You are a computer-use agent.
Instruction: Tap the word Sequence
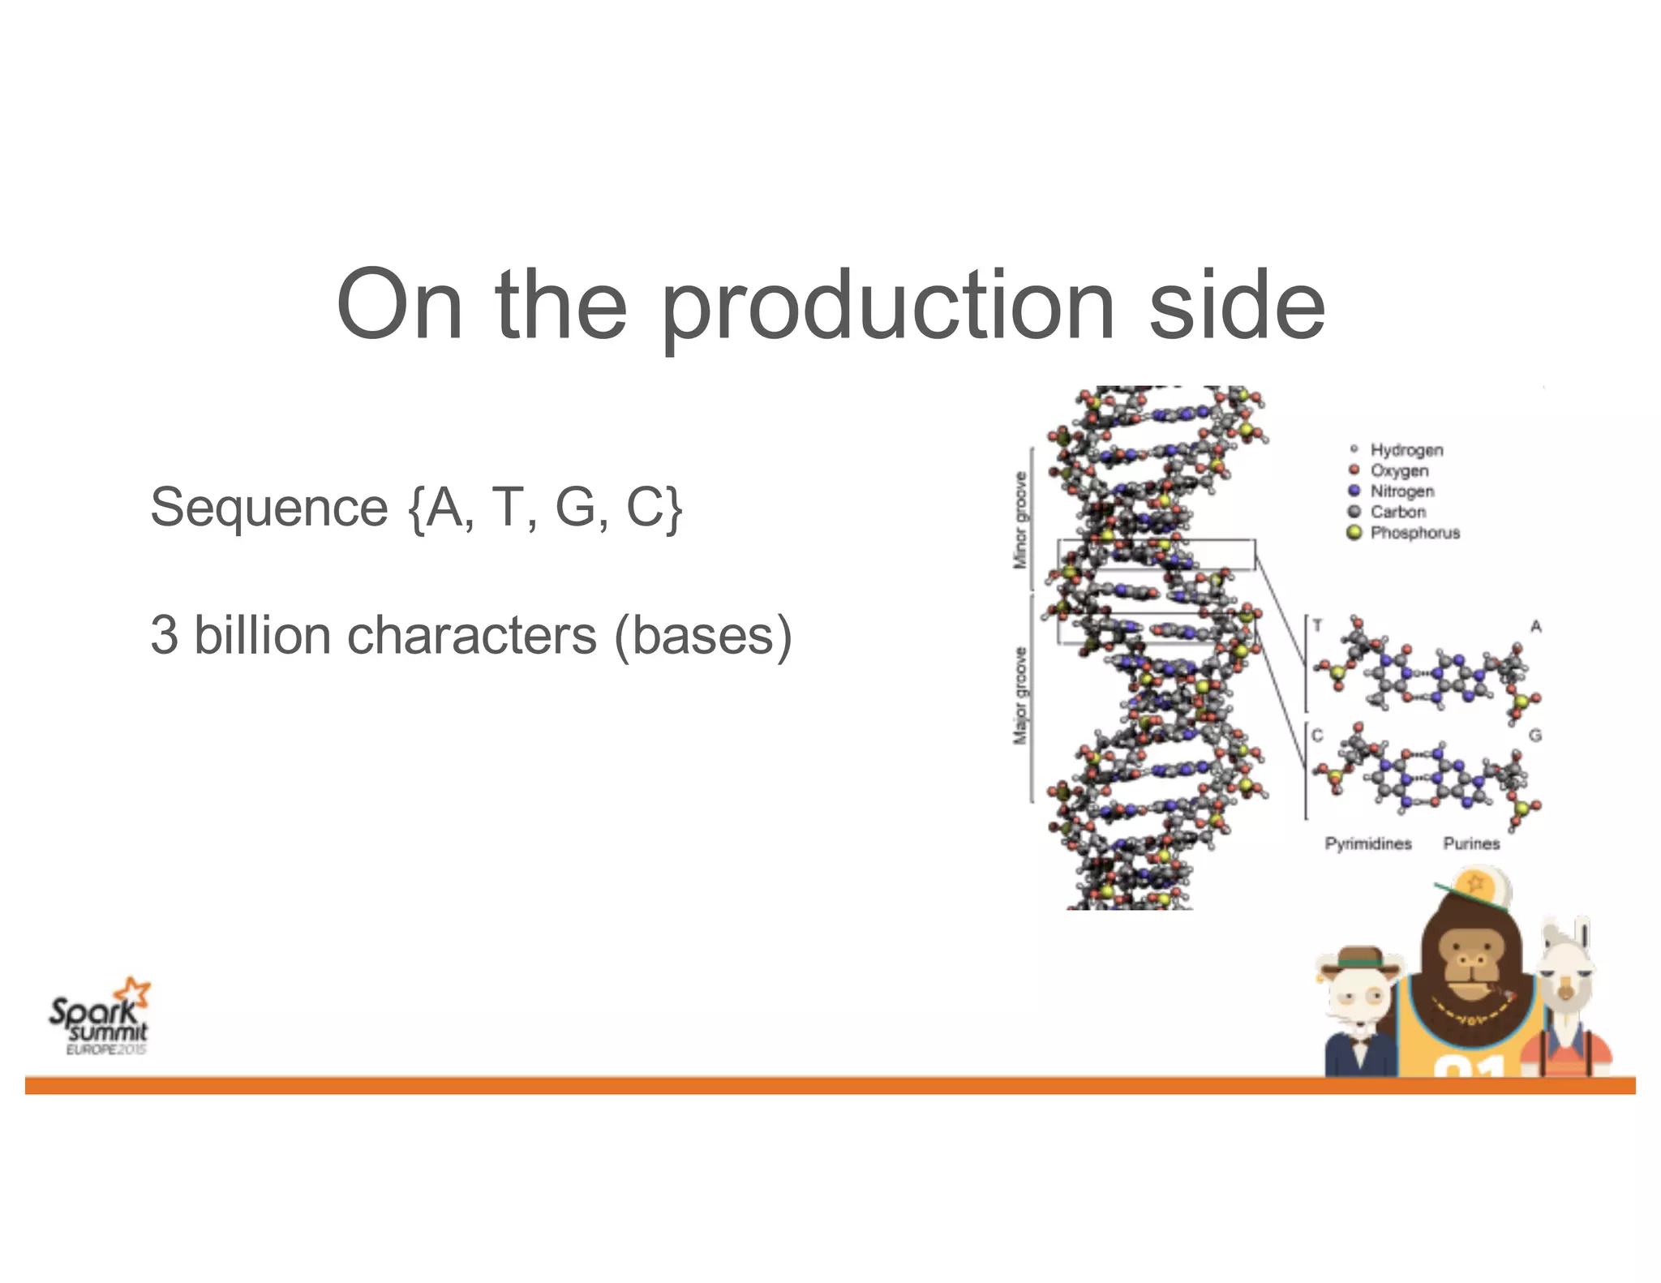[269, 508]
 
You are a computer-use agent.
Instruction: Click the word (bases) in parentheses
[702, 637]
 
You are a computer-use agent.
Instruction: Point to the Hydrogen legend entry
[1406, 449]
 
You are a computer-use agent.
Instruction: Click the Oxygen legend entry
[1398, 470]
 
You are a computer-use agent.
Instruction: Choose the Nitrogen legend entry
[1401, 491]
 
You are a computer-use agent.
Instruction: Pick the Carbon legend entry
[1397, 512]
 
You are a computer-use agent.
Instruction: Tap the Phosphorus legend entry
[1414, 533]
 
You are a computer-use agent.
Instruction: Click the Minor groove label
[1020, 520]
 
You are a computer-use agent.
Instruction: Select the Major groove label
[1020, 696]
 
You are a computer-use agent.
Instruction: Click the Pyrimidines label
[1368, 843]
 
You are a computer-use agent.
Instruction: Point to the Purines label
[1471, 843]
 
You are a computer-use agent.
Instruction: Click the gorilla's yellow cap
[1479, 887]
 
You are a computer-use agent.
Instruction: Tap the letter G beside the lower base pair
[1534, 735]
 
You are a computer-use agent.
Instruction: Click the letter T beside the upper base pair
[1317, 625]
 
